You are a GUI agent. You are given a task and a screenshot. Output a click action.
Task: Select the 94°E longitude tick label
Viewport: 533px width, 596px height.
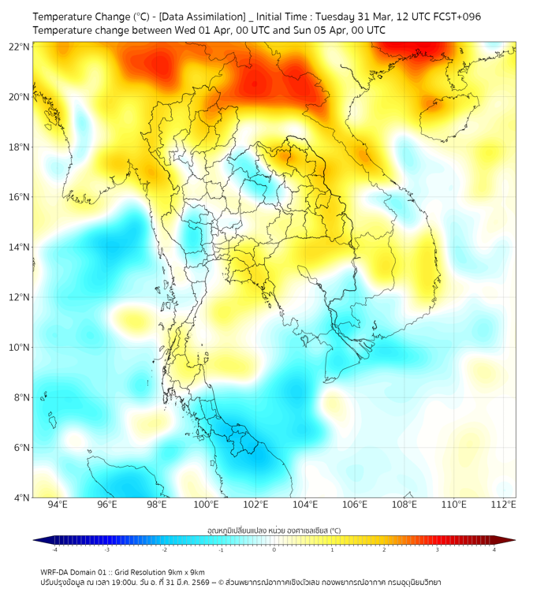(58, 505)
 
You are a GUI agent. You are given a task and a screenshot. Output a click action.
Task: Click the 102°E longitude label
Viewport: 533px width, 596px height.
(255, 505)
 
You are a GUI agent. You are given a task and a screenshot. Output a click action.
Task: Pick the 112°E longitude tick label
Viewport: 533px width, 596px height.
(504, 505)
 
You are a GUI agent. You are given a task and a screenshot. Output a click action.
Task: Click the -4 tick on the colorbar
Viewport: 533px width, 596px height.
(54, 549)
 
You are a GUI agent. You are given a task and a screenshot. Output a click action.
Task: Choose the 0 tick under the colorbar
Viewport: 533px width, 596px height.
(274, 549)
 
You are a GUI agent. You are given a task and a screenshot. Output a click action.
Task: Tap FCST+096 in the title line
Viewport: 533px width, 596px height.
(457, 17)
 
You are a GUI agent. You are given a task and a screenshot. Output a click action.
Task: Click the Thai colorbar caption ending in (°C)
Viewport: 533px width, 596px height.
(274, 530)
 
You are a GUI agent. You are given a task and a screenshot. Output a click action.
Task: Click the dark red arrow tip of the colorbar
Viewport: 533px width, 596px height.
(510, 540)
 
